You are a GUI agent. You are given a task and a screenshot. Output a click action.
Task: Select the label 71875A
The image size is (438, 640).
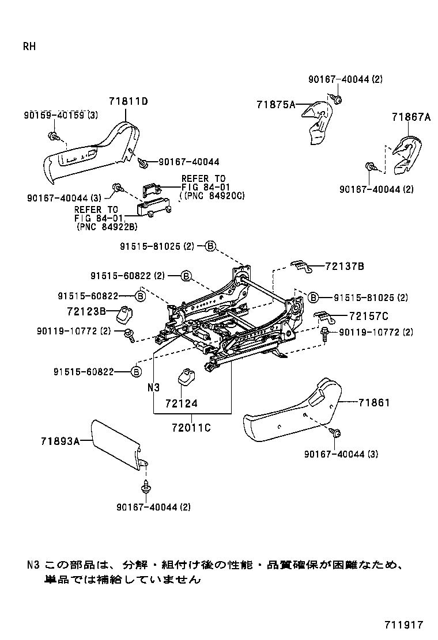(275, 104)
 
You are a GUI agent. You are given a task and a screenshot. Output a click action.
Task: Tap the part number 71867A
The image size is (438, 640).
(411, 117)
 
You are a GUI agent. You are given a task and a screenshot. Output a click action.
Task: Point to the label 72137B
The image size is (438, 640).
(345, 266)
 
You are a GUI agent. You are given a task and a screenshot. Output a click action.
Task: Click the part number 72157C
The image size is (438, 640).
(368, 316)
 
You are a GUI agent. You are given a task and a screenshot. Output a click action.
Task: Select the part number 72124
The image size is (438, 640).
(180, 403)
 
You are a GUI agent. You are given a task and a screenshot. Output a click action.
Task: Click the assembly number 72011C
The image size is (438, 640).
(191, 428)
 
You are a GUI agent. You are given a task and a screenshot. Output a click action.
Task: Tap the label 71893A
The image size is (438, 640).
(59, 441)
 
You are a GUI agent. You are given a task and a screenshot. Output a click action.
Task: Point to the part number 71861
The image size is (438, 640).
(374, 402)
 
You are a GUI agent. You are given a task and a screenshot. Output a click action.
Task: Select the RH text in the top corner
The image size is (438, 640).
(29, 47)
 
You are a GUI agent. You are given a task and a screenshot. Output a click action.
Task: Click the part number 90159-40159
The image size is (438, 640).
(54, 115)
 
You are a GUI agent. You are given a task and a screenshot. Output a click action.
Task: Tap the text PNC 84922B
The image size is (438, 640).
(107, 227)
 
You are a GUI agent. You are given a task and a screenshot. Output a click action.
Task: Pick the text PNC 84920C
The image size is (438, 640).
(213, 196)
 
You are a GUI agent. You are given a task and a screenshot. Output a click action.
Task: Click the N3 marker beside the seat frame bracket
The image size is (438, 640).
(153, 387)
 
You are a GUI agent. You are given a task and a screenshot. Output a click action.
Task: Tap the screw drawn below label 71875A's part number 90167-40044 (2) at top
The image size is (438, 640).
(337, 101)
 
